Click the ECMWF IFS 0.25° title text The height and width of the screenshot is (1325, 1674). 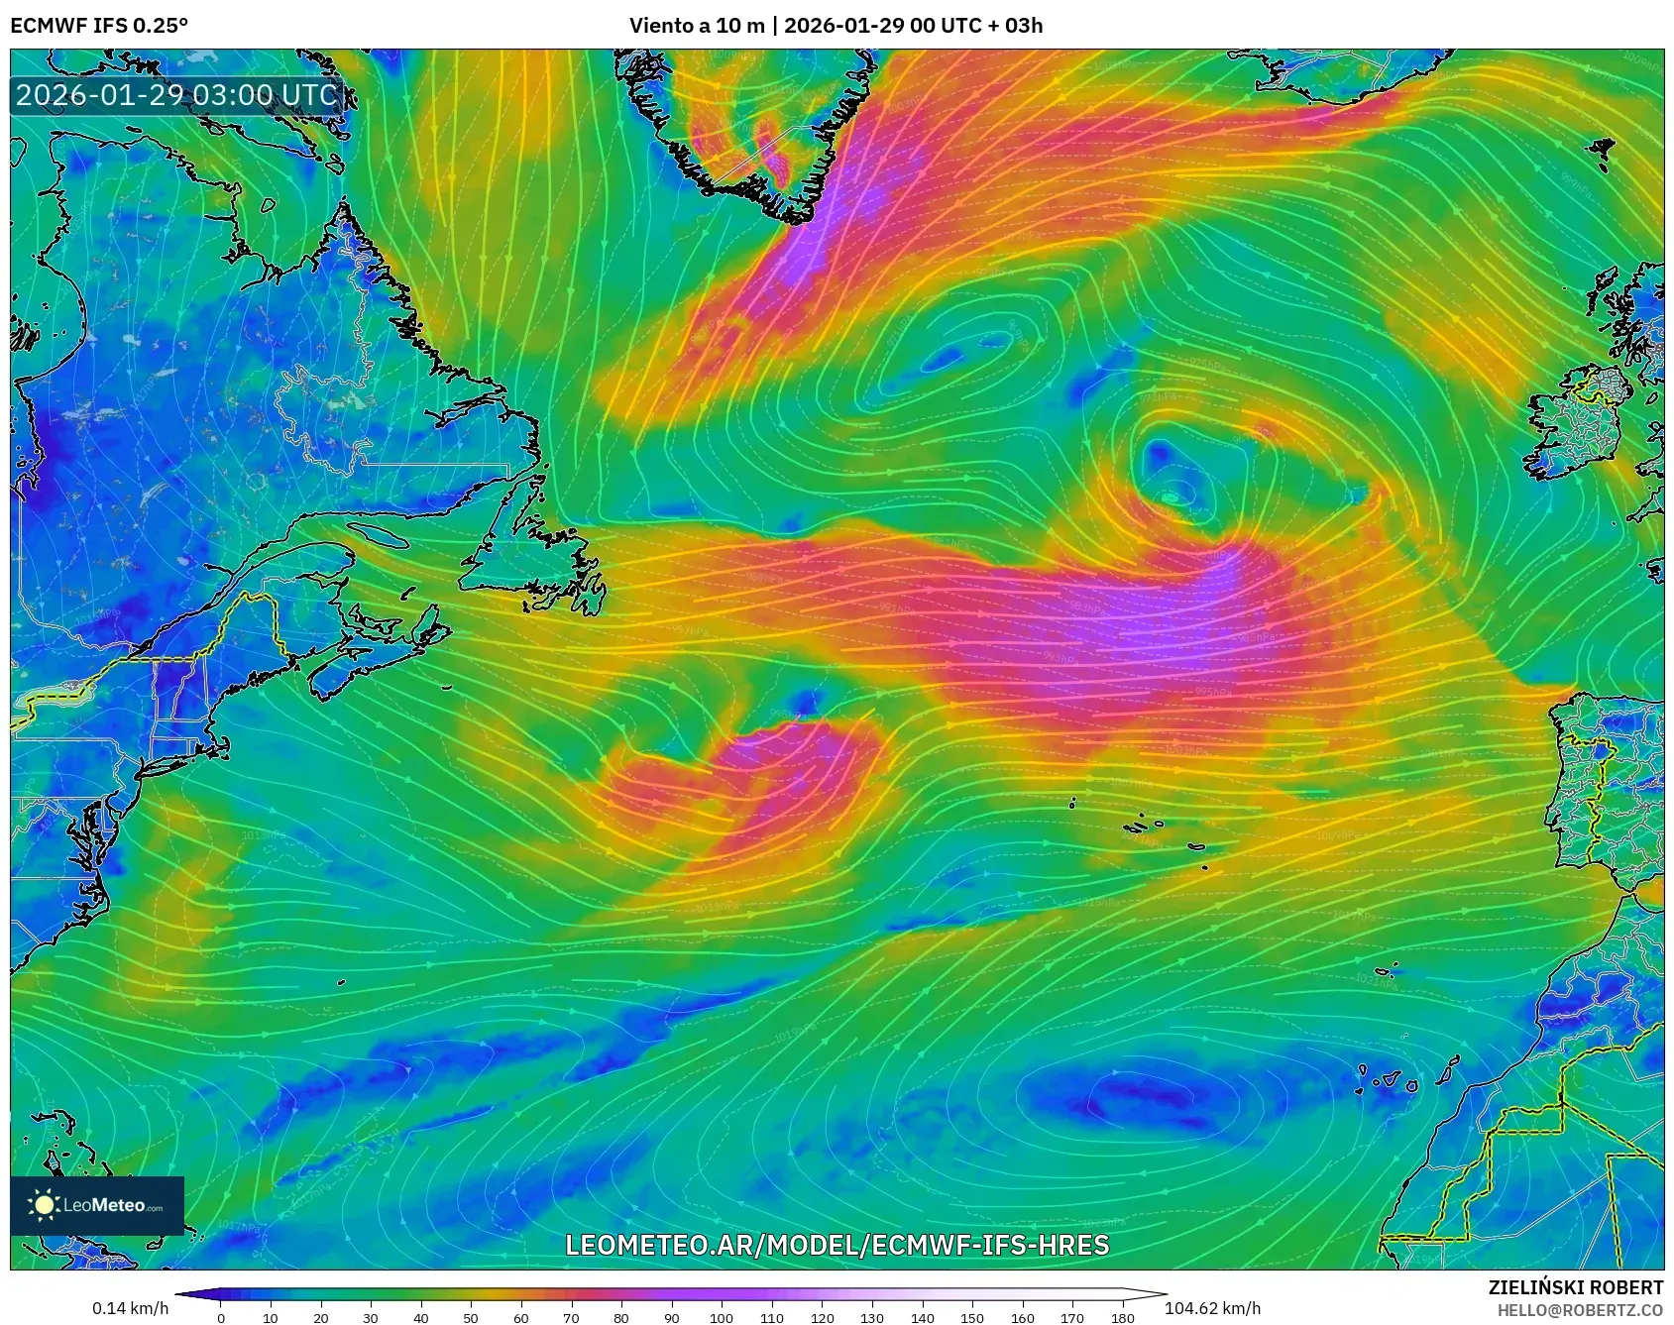99,26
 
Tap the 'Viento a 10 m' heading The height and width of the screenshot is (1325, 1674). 697,26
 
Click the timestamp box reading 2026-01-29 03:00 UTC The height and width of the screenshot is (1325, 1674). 176,95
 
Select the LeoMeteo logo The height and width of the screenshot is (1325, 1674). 97,1205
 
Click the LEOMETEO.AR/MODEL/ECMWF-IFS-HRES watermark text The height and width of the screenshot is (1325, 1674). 837,1245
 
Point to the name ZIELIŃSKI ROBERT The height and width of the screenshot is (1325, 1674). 1576,1287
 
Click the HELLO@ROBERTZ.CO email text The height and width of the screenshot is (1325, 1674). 1580,1310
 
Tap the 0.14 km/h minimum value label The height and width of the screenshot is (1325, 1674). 131,1308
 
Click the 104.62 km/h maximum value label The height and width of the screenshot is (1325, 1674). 1212,1308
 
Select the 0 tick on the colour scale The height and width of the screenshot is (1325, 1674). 221,1317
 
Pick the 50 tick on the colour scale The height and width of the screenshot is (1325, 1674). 471,1317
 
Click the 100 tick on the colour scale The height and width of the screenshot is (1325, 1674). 722,1317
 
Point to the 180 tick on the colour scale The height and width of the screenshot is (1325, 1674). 1122,1317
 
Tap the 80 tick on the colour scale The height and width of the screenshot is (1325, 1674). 621,1317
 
